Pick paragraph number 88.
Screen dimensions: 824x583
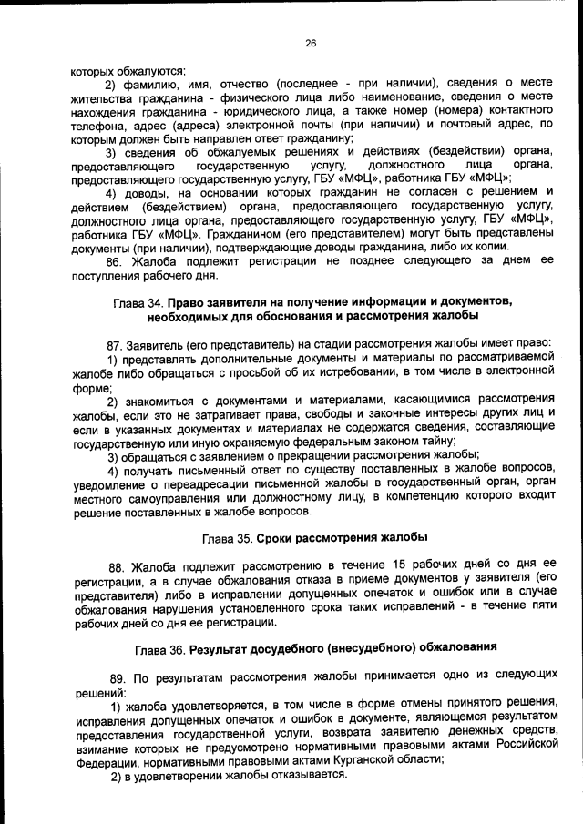(118, 566)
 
